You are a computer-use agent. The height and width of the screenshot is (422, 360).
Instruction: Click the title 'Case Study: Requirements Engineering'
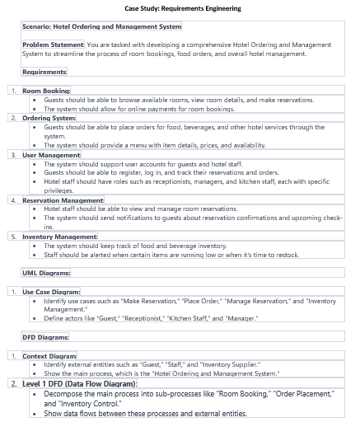183,8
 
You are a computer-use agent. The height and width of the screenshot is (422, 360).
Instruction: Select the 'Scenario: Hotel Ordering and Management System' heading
101,26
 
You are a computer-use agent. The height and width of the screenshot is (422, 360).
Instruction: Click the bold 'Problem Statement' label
53,45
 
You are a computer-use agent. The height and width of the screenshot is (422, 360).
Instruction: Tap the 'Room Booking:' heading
46,91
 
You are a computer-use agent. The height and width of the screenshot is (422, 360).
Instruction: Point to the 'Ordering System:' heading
49,118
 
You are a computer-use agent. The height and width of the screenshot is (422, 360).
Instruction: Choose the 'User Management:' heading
51,155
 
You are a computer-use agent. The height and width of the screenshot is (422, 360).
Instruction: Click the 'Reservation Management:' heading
63,200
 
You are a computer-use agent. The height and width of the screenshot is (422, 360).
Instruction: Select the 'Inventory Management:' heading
59,237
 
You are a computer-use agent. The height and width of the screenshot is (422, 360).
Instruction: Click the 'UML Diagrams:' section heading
45,273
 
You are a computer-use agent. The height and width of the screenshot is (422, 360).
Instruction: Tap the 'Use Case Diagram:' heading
51,292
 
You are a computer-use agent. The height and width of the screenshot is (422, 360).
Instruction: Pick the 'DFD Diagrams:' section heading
45,337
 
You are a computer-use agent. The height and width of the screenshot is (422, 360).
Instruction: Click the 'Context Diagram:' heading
49,356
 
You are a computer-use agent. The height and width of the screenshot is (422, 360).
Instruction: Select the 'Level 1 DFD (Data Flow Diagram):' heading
79,384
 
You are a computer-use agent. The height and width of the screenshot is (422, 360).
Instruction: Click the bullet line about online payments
138,109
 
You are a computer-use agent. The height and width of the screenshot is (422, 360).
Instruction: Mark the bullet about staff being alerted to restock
171,255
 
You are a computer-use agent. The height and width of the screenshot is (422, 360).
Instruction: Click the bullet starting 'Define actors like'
151,318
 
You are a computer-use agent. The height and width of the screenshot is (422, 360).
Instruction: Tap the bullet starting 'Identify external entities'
152,364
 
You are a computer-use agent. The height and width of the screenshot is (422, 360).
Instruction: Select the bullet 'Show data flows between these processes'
145,414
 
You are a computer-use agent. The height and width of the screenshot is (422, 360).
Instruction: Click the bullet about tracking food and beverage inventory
135,246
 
